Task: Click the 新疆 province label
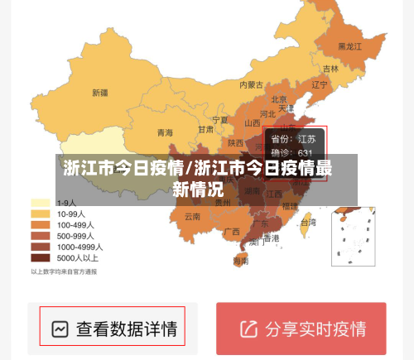tap(100, 93)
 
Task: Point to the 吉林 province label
tap(330, 69)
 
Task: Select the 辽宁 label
tap(320, 84)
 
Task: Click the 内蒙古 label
tap(251, 84)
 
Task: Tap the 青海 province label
tap(165, 132)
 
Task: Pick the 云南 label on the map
tap(192, 217)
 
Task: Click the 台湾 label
tap(307, 223)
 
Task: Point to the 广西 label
tap(232, 231)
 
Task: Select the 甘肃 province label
tap(205, 129)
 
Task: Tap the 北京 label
tap(279, 99)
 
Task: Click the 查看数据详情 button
tap(126, 329)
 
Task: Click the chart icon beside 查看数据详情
tap(59, 329)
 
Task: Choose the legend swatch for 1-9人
tap(40, 203)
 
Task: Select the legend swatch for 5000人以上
tap(40, 257)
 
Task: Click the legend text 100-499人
tap(79, 224)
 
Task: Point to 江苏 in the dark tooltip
tap(306, 139)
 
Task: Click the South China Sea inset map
tap(353, 236)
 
